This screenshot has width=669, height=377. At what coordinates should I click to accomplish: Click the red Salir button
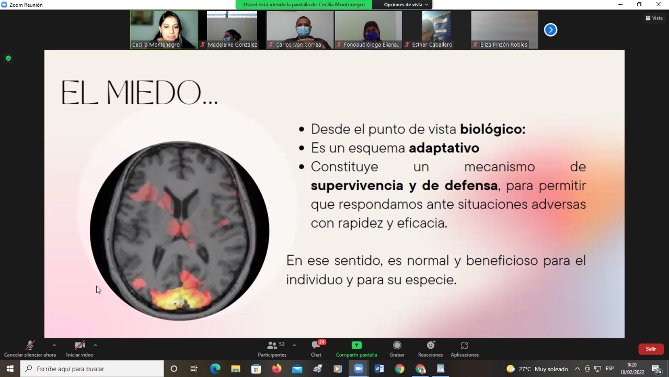click(651, 349)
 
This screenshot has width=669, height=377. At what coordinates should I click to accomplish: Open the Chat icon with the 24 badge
click(316, 345)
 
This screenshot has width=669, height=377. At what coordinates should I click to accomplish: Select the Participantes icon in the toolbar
click(272, 346)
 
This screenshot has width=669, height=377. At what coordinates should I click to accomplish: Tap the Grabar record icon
click(397, 345)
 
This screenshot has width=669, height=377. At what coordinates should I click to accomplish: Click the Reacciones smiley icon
click(430, 345)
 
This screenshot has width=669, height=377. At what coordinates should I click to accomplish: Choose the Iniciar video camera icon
click(79, 345)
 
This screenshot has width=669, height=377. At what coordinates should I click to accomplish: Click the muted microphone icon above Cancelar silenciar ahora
click(30, 345)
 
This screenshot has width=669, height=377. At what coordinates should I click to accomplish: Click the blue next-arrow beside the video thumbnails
click(550, 30)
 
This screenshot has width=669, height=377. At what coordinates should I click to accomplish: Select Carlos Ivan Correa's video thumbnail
click(300, 30)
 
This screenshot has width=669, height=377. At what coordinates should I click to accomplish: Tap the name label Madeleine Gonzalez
click(232, 45)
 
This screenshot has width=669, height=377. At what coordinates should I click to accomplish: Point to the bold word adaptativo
click(444, 148)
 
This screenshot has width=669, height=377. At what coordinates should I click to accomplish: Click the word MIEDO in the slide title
click(154, 93)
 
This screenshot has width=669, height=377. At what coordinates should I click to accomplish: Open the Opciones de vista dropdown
click(406, 5)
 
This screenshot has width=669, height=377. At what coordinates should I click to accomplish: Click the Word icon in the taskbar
click(379, 369)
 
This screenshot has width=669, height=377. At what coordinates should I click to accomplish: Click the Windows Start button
click(10, 369)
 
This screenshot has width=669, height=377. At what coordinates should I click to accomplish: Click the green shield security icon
click(8, 58)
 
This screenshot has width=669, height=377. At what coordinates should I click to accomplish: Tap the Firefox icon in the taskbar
click(276, 369)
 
